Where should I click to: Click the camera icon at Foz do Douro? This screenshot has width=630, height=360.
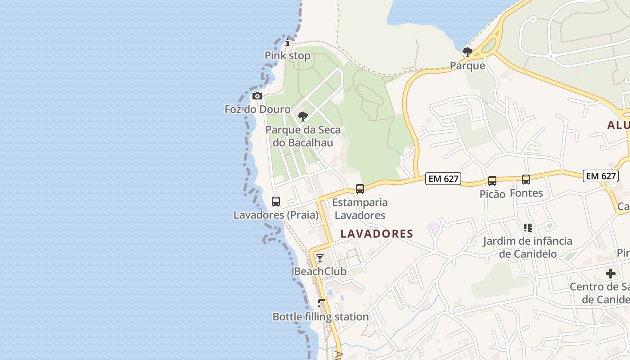257,96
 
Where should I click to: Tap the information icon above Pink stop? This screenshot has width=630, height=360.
288,43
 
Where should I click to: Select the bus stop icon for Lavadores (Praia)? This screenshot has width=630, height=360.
276,202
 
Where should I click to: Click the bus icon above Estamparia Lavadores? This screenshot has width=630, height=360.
360,189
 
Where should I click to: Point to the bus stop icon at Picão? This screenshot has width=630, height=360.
492,181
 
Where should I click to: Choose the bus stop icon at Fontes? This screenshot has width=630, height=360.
526,180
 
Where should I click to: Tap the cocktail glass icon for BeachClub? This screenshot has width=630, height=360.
319,258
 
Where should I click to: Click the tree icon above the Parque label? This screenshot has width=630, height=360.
468,52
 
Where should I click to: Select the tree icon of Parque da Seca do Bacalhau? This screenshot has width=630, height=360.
303,117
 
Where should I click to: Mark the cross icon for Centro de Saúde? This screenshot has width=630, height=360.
611,273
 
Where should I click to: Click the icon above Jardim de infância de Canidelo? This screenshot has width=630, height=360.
528,228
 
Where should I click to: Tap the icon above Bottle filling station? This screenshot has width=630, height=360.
321,303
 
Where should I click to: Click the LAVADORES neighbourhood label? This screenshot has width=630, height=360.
377,234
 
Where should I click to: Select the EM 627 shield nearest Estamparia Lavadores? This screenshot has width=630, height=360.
444,179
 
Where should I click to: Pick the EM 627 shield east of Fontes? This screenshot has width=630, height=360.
601,176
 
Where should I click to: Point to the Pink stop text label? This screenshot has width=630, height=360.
288,56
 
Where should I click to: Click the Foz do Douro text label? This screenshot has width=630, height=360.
257,109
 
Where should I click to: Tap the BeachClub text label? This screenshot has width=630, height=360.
320,271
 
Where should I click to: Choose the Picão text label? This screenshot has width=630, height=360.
492,194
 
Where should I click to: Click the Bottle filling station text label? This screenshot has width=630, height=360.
321,317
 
